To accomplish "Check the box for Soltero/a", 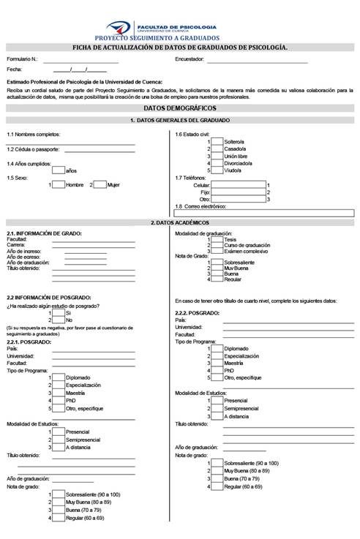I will [x=217, y=142].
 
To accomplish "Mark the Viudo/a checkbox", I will [x=217, y=170].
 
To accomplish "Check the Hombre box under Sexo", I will [x=59, y=185].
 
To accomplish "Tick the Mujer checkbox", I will [x=100, y=185].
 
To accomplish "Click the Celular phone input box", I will [x=238, y=185].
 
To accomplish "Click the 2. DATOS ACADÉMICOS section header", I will [x=179, y=222].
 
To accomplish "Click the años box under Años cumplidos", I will [x=59, y=170].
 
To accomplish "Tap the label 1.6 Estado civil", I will [x=192, y=134].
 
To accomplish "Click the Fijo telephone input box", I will [x=238, y=192].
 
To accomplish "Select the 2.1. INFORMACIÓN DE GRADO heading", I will [x=44, y=233].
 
